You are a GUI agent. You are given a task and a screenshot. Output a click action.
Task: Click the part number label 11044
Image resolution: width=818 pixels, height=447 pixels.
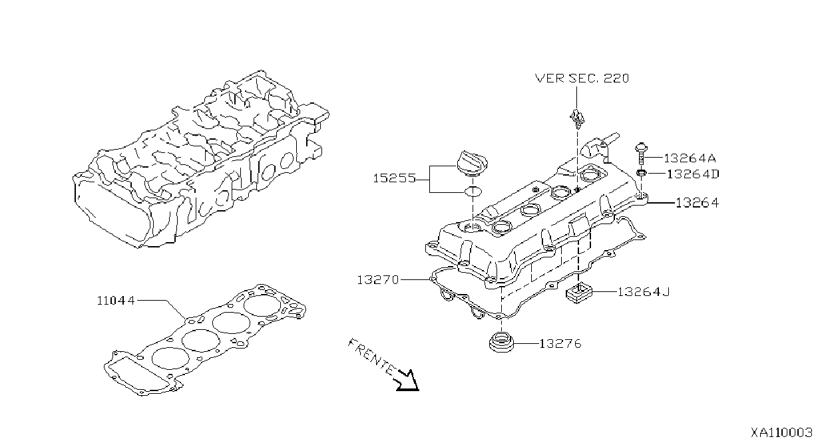point(116,301)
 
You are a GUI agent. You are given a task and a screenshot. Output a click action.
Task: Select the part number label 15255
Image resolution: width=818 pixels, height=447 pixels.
point(395,178)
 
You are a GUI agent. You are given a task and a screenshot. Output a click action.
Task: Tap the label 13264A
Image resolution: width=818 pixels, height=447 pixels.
point(690,158)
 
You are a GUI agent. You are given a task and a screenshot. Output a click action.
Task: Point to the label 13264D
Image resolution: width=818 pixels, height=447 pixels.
point(693,174)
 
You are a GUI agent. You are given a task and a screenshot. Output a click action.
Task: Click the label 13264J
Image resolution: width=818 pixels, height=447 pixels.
point(644,292)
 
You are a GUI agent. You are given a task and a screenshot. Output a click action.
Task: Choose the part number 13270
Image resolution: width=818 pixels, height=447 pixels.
point(378,280)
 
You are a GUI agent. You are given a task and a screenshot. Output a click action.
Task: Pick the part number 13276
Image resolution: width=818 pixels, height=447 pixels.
point(560,344)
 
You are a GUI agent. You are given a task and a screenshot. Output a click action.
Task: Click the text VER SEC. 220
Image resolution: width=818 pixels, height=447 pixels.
point(582,78)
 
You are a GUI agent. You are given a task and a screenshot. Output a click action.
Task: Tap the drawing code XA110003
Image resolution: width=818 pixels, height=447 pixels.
point(781,432)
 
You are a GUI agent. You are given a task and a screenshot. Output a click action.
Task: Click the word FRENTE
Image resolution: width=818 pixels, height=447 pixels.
point(371,357)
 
